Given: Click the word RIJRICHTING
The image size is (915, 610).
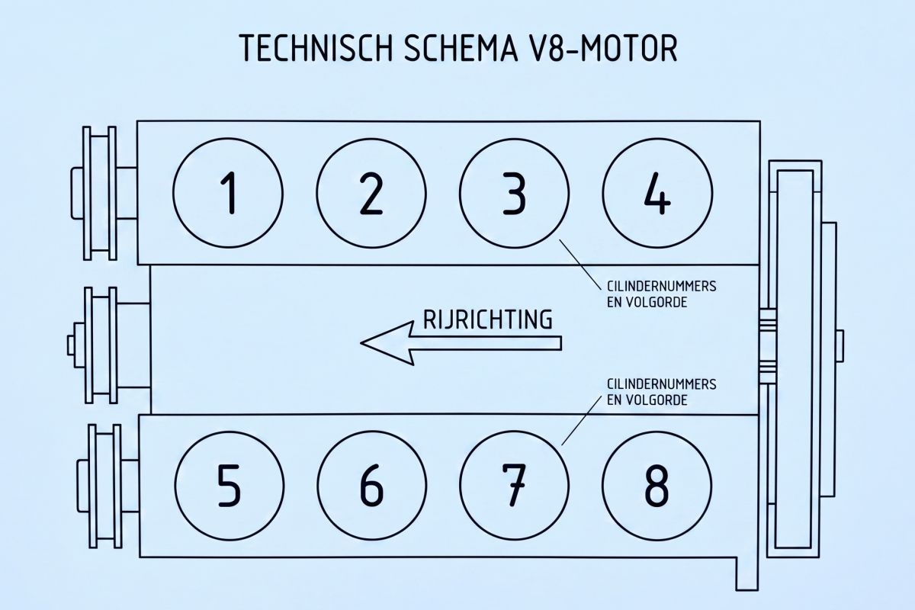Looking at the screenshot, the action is click(488, 320).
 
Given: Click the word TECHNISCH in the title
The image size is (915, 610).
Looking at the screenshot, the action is click(316, 48).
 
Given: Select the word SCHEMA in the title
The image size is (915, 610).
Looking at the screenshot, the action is click(460, 48).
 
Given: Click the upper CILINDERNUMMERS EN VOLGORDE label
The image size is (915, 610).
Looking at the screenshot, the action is click(661, 294).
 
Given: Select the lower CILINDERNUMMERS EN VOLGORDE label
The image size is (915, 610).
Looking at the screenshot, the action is click(661, 392).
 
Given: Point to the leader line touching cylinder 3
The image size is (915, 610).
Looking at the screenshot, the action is click(580, 265).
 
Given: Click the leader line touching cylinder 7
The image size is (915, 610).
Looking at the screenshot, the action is click(582, 419).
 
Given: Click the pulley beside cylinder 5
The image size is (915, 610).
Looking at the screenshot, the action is click(108, 486).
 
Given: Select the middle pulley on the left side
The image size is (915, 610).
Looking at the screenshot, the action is click(108, 345).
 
